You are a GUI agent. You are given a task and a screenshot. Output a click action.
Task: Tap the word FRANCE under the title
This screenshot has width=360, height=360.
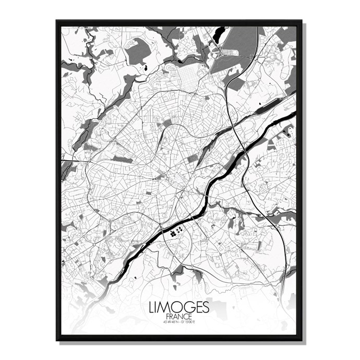pos(179,317)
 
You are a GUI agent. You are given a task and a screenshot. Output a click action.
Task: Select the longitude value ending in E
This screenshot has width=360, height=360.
pos(189,323)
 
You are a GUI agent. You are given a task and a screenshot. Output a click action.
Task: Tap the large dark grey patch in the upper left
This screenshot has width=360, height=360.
pos(138,52)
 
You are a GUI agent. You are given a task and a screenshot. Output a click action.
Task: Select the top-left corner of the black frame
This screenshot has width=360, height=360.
pos(57,21)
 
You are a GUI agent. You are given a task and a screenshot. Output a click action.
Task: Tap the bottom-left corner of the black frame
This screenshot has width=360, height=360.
pos(57,340)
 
